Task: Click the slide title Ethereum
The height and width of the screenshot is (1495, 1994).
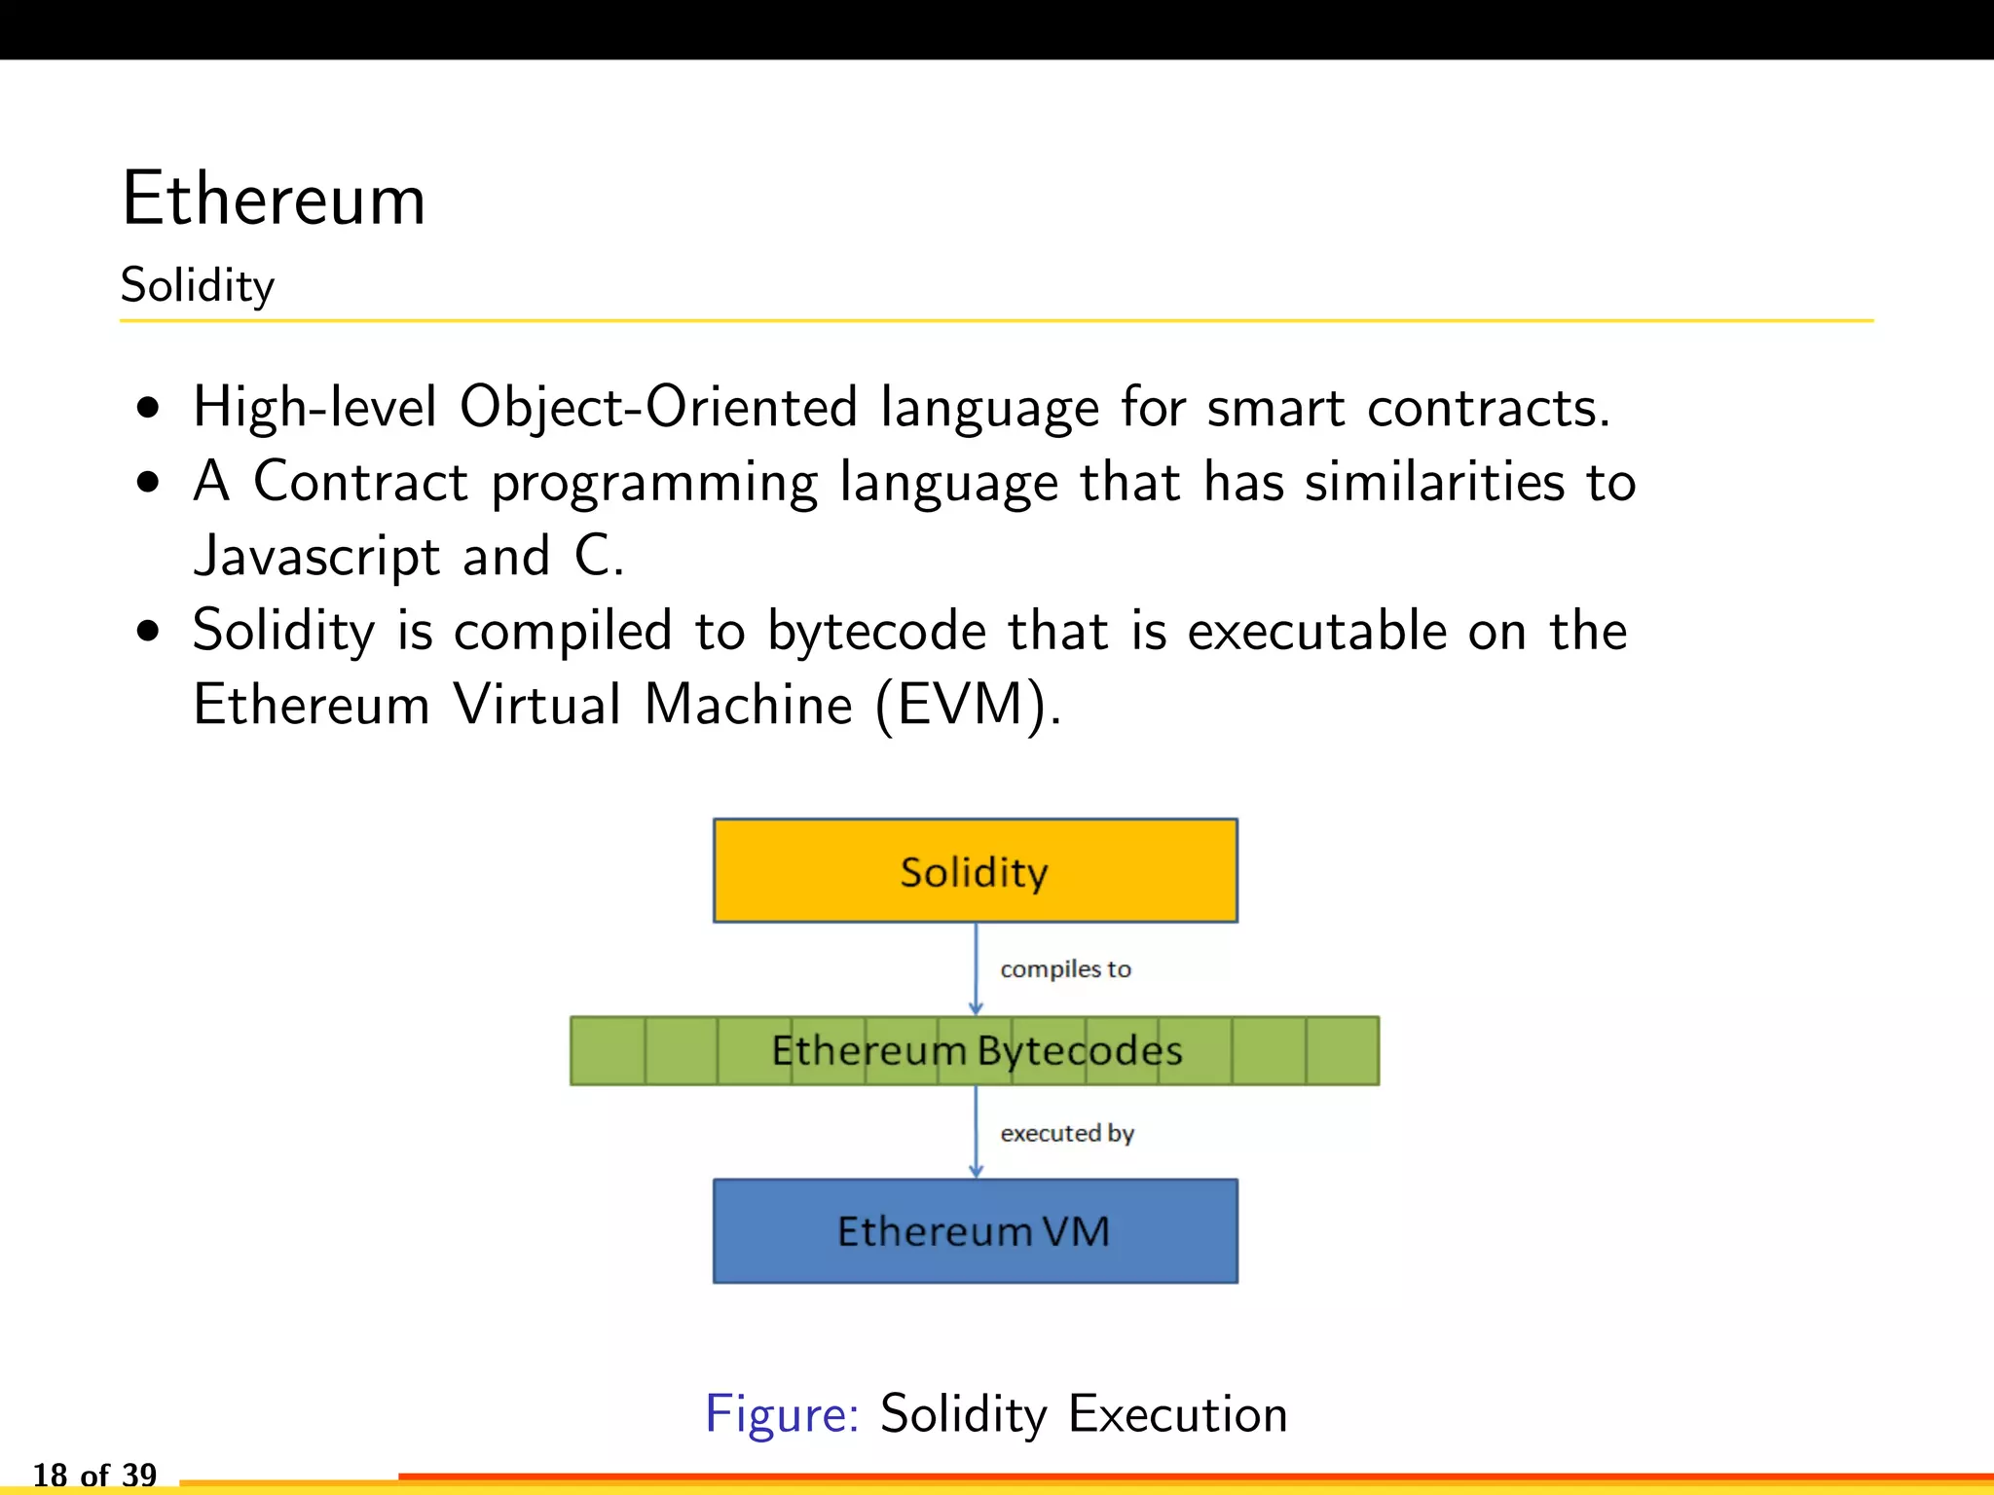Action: click(x=274, y=199)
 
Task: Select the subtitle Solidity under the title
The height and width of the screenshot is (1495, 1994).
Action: click(x=198, y=286)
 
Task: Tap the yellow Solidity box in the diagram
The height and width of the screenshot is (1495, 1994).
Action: click(x=975, y=870)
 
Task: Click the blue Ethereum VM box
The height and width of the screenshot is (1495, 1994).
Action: click(x=975, y=1231)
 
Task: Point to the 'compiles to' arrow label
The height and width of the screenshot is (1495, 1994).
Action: click(x=1065, y=969)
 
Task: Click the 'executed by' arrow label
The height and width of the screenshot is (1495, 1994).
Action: click(x=1067, y=1134)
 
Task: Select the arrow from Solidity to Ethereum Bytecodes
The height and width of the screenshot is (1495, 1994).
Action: click(x=976, y=968)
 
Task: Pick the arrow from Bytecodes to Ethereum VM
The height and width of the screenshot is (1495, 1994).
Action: click(x=976, y=1132)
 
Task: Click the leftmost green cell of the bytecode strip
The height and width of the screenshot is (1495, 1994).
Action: click(x=608, y=1051)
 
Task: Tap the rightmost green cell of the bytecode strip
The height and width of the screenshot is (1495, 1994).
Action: click(x=1343, y=1051)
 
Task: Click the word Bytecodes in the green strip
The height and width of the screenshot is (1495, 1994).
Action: click(x=1080, y=1051)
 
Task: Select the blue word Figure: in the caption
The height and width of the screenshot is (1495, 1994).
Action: click(x=782, y=1413)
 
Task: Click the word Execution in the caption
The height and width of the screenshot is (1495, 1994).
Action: click(x=1177, y=1413)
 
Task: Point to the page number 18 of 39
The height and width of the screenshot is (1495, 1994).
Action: click(x=94, y=1474)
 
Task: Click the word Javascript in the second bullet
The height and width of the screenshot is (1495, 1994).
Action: click(x=317, y=557)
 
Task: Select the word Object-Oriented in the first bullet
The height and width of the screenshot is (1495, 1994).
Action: click(x=658, y=407)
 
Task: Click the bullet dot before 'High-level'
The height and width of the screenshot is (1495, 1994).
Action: click(x=148, y=408)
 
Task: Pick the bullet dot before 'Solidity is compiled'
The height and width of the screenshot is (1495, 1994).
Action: click(x=148, y=632)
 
